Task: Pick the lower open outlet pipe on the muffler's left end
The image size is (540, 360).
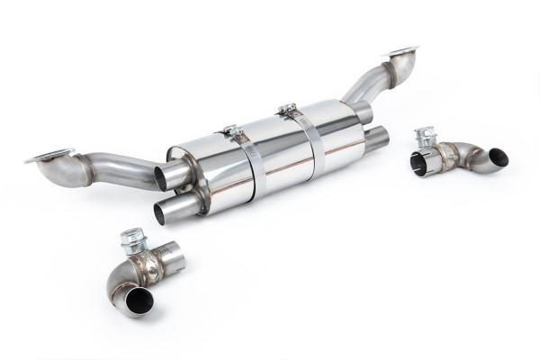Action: (168, 211)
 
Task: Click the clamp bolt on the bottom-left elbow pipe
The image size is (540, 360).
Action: (132, 240)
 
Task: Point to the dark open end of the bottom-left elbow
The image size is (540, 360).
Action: (138, 302)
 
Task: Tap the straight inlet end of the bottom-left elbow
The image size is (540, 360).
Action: (171, 260)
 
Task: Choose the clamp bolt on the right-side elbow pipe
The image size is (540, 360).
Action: (424, 138)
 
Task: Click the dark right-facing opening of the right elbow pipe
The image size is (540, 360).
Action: (498, 157)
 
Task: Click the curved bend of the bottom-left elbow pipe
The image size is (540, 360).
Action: (117, 283)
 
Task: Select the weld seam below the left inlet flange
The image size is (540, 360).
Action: (82, 168)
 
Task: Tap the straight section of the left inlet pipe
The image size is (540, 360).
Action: (126, 170)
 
